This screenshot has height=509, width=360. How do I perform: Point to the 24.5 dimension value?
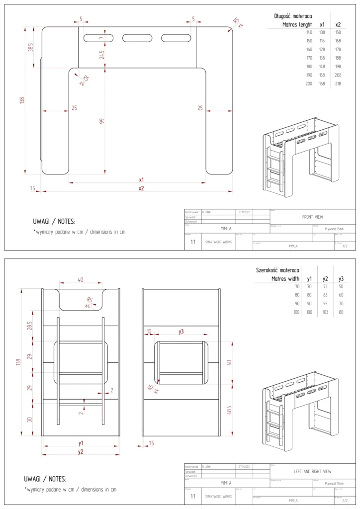click(102, 55)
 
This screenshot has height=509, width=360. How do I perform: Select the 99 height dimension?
click(102, 121)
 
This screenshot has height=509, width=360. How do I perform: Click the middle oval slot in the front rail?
click(137, 38)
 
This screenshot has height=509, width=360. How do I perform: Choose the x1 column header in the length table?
click(322, 24)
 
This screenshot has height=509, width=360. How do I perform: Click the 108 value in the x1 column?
click(322, 32)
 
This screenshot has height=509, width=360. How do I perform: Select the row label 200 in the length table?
click(309, 84)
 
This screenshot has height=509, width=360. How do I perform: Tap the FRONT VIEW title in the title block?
click(312, 217)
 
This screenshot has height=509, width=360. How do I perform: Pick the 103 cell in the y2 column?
click(325, 312)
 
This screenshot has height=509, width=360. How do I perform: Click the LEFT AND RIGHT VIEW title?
click(312, 471)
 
